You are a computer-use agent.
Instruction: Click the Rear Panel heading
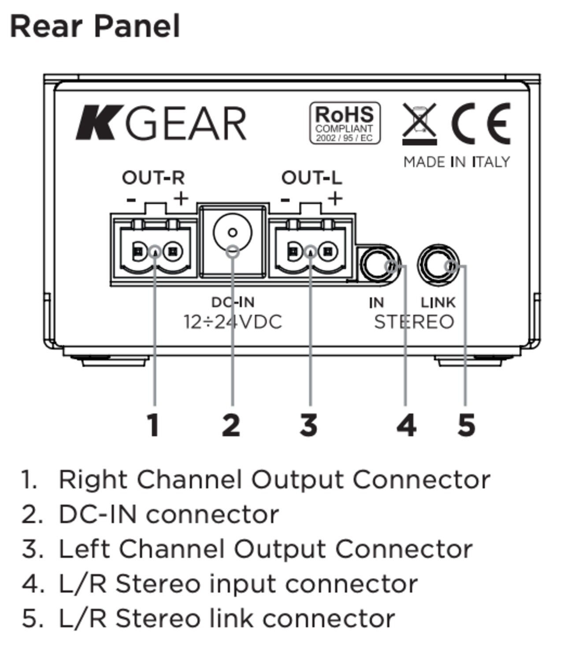95,26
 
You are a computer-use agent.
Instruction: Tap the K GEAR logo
161,123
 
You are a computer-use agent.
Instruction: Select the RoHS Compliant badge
345,123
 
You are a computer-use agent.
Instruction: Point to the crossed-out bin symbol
419,124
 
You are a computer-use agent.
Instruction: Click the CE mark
481,123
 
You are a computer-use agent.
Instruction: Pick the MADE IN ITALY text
456,162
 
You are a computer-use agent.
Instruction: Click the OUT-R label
153,178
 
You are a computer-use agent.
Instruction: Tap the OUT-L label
312,178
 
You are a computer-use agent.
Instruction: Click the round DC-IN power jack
233,232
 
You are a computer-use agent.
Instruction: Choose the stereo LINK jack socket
438,264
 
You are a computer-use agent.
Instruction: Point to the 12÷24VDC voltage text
233,322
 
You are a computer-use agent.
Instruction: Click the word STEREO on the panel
414,322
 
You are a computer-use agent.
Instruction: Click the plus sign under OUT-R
181,199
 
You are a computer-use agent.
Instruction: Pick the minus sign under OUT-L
286,200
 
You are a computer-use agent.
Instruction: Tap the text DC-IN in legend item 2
98,514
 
